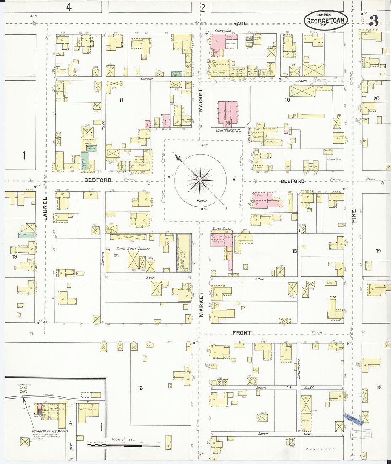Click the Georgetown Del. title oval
coord(325,20)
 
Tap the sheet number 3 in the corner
coord(374,21)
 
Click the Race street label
coord(240,23)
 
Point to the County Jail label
coord(223,31)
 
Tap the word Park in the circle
coord(202,201)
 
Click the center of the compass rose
coord(200,180)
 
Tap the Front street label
coord(242,333)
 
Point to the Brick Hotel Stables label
coord(133,249)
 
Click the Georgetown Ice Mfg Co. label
coord(50,431)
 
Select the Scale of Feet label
coord(123,439)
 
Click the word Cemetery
coord(320,449)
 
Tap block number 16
coord(140,388)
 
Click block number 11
coord(121,101)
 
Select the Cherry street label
coord(146,79)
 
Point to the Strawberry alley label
coord(299,369)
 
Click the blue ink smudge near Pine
coord(353,419)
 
